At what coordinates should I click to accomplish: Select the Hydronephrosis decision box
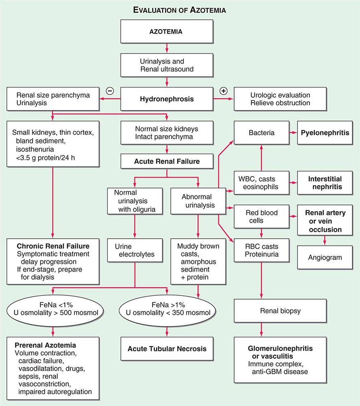click(x=167, y=99)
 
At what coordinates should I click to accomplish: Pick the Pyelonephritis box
click(x=325, y=133)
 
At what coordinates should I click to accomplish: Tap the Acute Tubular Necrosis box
click(x=167, y=349)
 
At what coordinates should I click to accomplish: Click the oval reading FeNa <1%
click(x=52, y=311)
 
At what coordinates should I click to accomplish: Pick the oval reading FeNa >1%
click(x=167, y=311)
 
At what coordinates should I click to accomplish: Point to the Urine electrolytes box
click(x=135, y=250)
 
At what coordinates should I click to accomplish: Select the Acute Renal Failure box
click(x=167, y=161)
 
